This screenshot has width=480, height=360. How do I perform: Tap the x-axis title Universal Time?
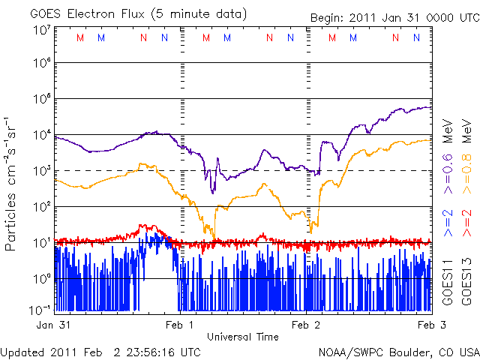(242, 337)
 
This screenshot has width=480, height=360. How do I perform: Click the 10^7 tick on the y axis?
(41, 30)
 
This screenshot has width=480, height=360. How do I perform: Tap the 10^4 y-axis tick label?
(41, 135)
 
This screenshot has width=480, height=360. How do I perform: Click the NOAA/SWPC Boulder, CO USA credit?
(398, 351)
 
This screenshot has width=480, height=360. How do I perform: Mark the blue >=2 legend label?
(448, 223)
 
